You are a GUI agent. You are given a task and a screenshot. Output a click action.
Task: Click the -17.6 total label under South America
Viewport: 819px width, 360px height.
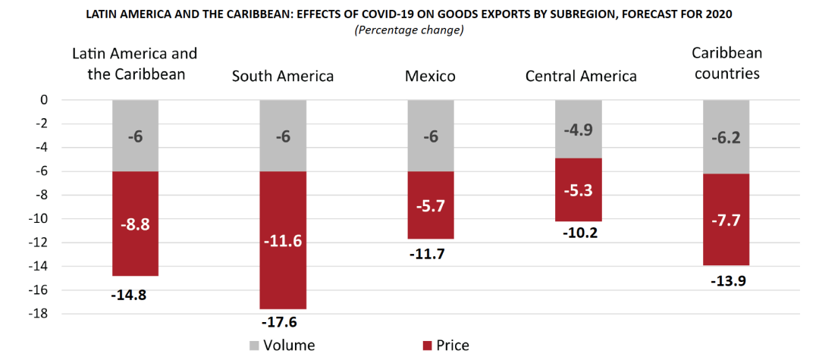tap(282, 322)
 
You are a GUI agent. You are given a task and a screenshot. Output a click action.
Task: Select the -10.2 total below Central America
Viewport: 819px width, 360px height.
tap(578, 233)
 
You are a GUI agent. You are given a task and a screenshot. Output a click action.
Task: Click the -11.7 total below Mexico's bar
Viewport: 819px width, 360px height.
tap(430, 254)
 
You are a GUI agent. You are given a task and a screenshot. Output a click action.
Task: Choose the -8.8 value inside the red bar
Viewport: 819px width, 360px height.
tap(134, 224)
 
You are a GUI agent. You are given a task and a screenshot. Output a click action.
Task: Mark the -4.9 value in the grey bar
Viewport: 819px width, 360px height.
tap(578, 129)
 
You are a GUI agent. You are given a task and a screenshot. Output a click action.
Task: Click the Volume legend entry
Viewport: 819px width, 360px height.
tap(281, 346)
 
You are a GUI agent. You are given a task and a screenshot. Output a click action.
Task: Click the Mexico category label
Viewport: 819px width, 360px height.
tap(430, 76)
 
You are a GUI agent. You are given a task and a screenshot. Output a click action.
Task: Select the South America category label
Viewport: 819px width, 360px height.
tap(282, 76)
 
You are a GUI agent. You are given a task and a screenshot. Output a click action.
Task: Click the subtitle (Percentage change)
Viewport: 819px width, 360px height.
tap(409, 30)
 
